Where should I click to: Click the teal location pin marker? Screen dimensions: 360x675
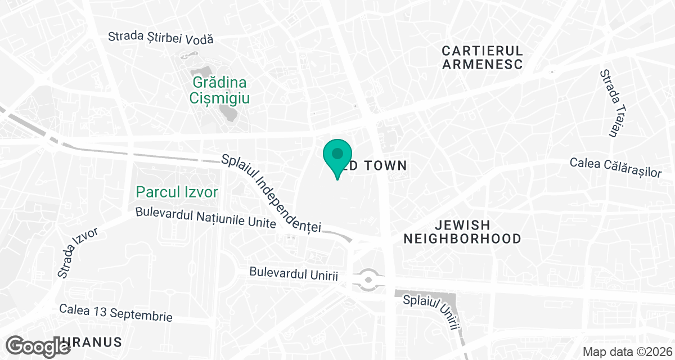(x=337, y=155)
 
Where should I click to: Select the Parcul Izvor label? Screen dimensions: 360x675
(x=177, y=192)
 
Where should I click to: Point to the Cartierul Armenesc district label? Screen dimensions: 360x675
(x=483, y=57)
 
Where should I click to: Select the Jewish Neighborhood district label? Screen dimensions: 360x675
(x=462, y=232)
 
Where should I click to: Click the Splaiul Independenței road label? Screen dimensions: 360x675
(x=271, y=193)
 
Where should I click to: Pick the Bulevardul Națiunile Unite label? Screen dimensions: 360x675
(x=206, y=218)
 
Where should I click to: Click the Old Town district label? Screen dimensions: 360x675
(x=376, y=165)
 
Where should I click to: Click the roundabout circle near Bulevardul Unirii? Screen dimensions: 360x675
(x=368, y=278)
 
